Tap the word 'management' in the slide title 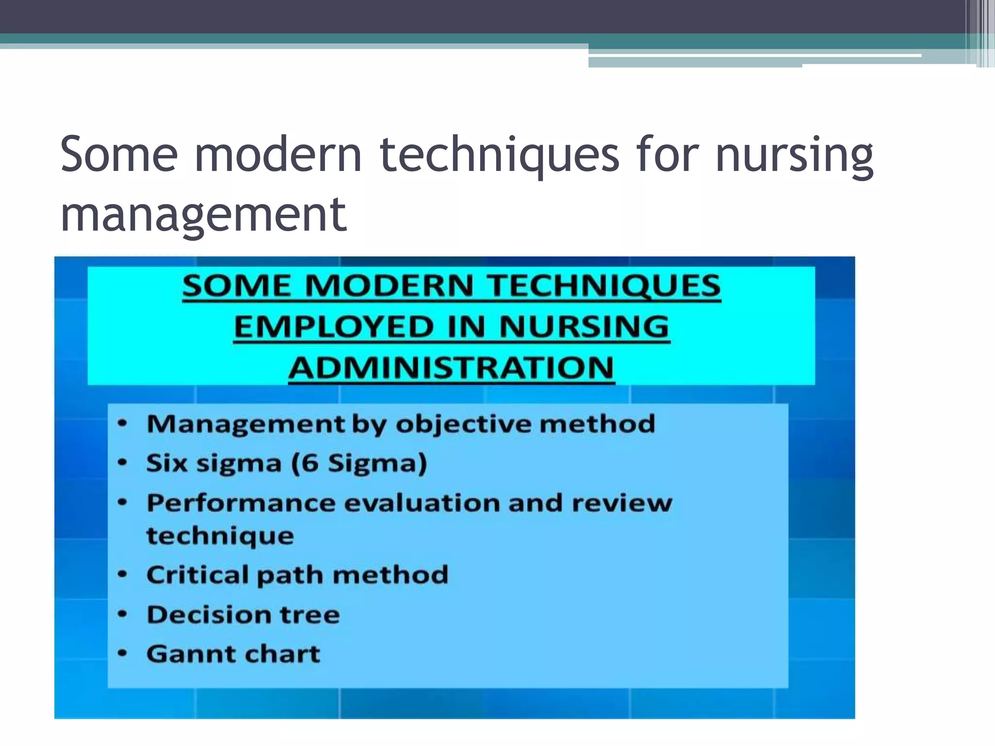pos(204,215)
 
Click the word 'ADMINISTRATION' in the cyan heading pos(451,368)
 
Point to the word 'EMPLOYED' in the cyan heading pos(334,327)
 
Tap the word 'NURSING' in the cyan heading pos(584,327)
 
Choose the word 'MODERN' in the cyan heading pos(389,286)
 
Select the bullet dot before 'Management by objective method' pos(123,424)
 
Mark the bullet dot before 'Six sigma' pos(123,462)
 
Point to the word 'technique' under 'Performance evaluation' pos(220,536)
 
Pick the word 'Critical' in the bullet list pos(197,575)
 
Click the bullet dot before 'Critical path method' pos(123,575)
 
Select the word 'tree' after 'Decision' pos(309,615)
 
